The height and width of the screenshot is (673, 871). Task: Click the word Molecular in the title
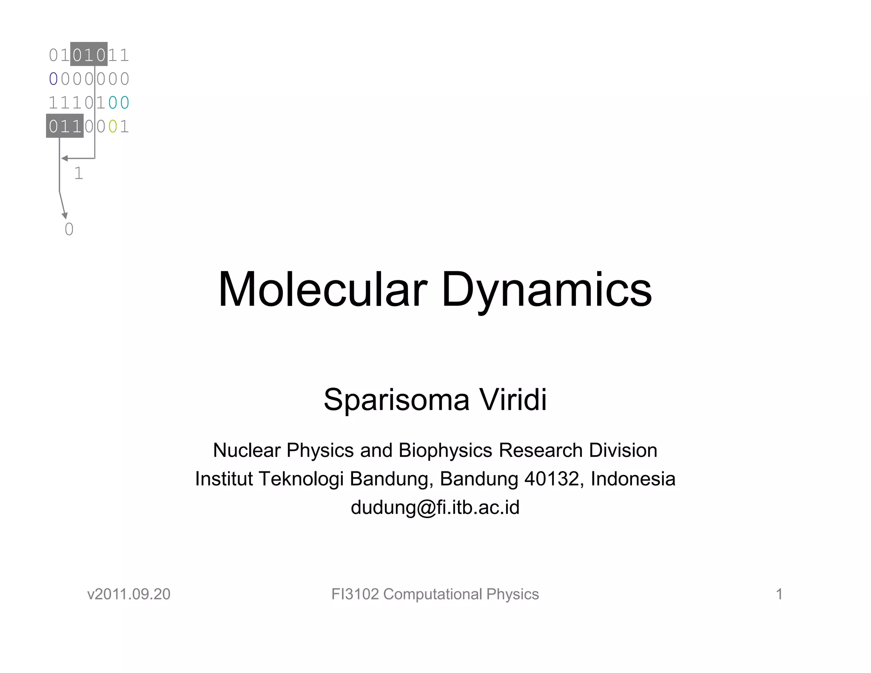(322, 290)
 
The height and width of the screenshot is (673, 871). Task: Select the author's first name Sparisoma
(396, 400)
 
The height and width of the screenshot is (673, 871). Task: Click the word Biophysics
(446, 450)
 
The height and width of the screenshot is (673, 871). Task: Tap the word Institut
(224, 479)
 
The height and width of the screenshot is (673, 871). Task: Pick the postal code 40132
(552, 479)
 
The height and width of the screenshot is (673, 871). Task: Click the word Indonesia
(633, 479)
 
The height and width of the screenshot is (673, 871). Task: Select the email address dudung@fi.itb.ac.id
(435, 507)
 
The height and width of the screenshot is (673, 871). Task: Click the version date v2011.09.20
(128, 594)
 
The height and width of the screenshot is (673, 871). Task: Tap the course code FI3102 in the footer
(355, 594)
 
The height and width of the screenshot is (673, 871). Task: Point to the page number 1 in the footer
(779, 594)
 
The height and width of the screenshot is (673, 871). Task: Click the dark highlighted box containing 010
(89, 54)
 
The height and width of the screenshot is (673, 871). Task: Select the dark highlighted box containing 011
(65, 126)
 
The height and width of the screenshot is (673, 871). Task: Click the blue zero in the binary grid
(53, 79)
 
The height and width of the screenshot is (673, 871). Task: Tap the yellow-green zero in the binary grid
(112, 126)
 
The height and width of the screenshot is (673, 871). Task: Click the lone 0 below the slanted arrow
(69, 229)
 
